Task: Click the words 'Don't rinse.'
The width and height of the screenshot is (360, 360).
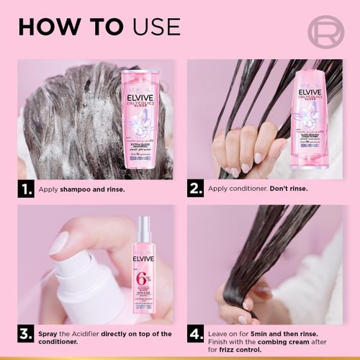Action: pos(272,189)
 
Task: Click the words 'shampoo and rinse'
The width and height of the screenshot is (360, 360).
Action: pos(93,189)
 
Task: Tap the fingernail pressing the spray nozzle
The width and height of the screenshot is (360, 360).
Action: pos(59,242)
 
